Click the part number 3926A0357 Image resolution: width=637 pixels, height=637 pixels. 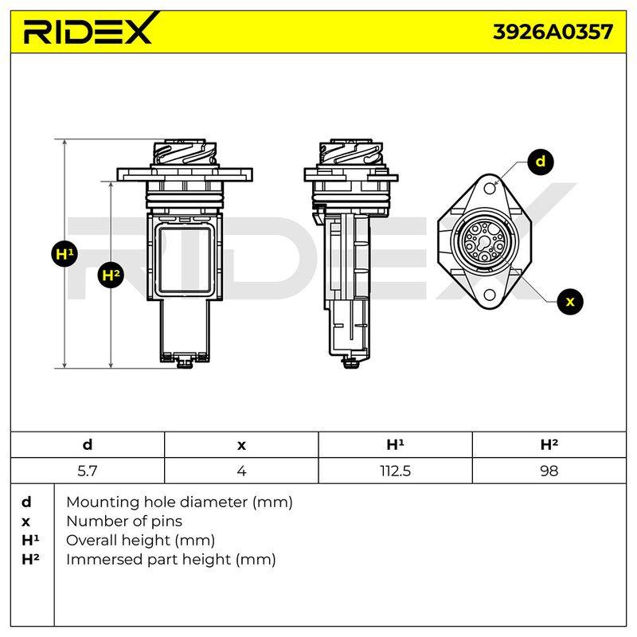[x=553, y=32]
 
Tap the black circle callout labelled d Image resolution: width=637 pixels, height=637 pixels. [x=541, y=162]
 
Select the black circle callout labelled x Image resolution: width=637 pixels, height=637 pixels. [x=570, y=302]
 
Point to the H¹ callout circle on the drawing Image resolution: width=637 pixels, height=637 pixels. [x=64, y=254]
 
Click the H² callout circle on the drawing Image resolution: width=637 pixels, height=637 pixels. [x=111, y=275]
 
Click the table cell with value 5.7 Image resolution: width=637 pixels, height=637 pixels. [x=88, y=471]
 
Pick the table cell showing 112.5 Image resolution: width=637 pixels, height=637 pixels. [x=395, y=471]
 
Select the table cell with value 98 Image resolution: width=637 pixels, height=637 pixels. [x=549, y=471]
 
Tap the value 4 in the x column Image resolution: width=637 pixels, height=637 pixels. [x=241, y=471]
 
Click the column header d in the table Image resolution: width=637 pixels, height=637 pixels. [x=88, y=445]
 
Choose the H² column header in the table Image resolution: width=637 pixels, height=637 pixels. [x=549, y=445]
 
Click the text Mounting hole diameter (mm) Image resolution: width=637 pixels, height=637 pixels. [x=179, y=502]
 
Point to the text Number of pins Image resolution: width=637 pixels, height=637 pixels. [x=124, y=522]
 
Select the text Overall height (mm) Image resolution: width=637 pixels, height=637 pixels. [x=140, y=541]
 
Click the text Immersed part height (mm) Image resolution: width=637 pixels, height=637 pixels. [x=170, y=560]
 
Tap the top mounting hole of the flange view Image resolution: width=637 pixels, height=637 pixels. [x=490, y=189]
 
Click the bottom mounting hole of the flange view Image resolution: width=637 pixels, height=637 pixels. [x=490, y=295]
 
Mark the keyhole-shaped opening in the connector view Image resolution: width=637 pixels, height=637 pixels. [x=483, y=244]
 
